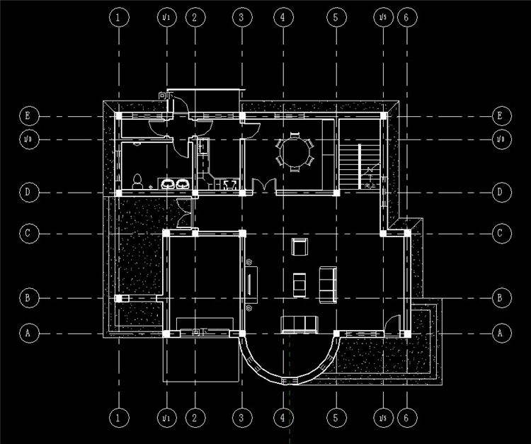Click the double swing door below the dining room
(x=263, y=186)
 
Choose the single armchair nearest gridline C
(x=299, y=247)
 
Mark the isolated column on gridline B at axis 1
(x=118, y=298)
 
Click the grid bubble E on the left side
(x=28, y=115)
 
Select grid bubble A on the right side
(x=501, y=332)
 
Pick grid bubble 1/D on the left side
(x=28, y=139)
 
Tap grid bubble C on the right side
(x=501, y=232)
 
